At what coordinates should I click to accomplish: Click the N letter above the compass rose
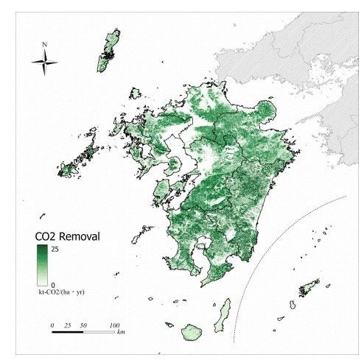click(45, 45)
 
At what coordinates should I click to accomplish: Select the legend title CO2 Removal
click(68, 237)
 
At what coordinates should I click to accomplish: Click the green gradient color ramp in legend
click(41, 266)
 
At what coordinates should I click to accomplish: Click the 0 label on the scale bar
click(52, 324)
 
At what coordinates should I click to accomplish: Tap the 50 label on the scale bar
click(84, 324)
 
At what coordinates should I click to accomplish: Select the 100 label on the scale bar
click(115, 324)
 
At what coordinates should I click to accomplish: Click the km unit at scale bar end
click(120, 333)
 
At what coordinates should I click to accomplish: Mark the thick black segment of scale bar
click(68, 332)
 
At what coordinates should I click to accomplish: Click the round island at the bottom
click(194, 332)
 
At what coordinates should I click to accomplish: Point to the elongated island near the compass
click(109, 50)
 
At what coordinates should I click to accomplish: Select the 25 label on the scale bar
click(69, 324)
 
